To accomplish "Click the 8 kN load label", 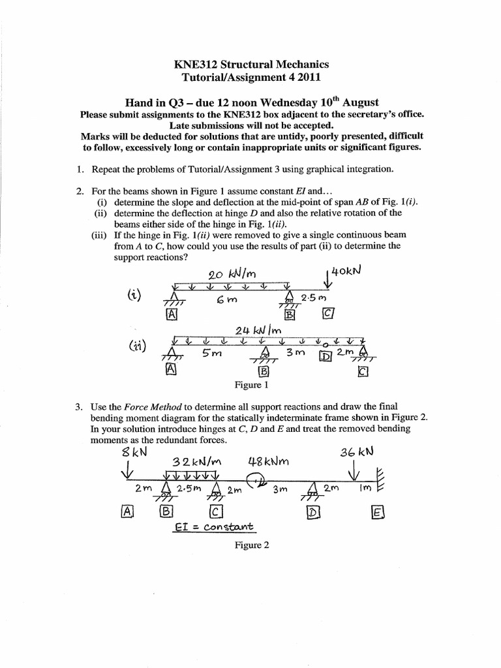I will click(x=132, y=451).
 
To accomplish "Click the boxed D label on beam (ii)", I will click(x=325, y=356).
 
